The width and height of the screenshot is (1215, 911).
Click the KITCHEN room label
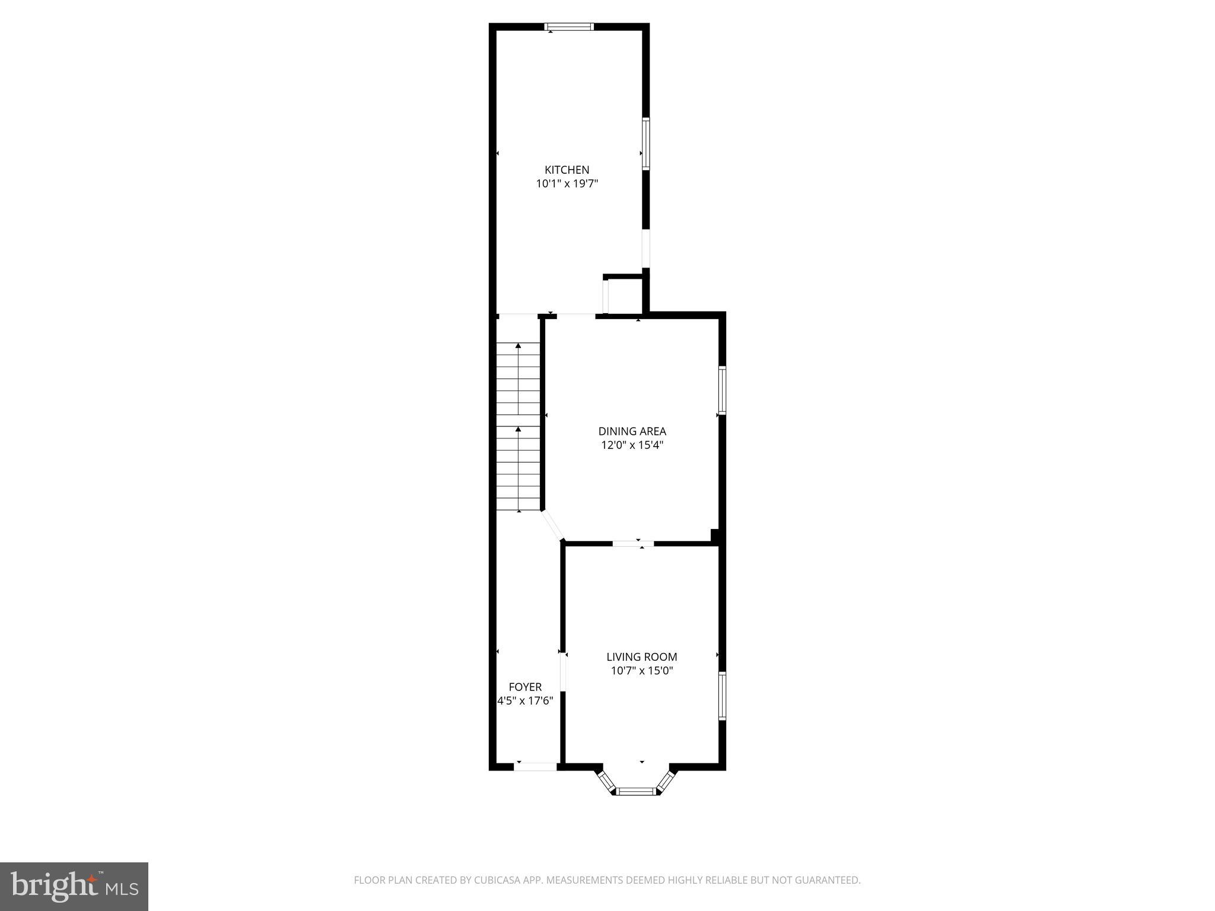tap(567, 170)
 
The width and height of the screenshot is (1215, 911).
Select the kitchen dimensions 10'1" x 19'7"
tap(567, 184)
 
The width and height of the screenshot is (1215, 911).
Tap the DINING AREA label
tap(632, 431)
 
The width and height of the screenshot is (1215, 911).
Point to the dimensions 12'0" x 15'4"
tap(632, 445)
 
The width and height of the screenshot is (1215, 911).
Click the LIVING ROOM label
tap(641, 657)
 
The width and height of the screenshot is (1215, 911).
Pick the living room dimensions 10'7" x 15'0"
tap(641, 671)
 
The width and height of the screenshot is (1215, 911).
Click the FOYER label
tap(525, 687)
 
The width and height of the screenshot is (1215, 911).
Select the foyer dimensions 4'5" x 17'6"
tap(525, 700)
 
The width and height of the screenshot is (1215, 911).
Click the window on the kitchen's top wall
tap(569, 26)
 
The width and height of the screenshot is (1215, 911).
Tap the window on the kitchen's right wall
tap(646, 144)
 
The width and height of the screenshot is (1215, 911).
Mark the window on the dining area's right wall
tap(722, 390)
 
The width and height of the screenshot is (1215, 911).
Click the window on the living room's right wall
tap(722, 696)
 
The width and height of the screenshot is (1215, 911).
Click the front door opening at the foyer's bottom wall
tap(535, 766)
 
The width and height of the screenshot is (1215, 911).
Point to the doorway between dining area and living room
tap(633, 543)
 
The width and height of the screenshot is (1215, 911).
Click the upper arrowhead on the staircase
tap(519, 345)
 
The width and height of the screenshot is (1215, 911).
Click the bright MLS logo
tap(74, 887)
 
